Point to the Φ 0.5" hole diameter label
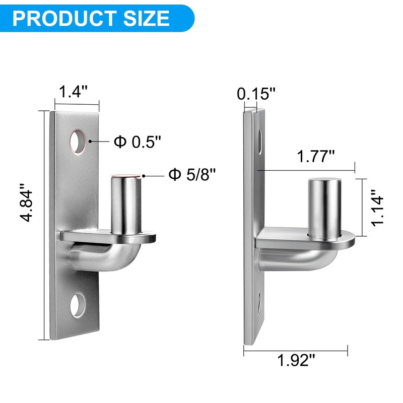pos(137,142)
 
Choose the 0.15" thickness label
pos(257,93)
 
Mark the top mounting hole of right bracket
pos(260,142)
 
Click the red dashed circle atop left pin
pos(125,176)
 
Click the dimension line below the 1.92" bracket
pos(296,347)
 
